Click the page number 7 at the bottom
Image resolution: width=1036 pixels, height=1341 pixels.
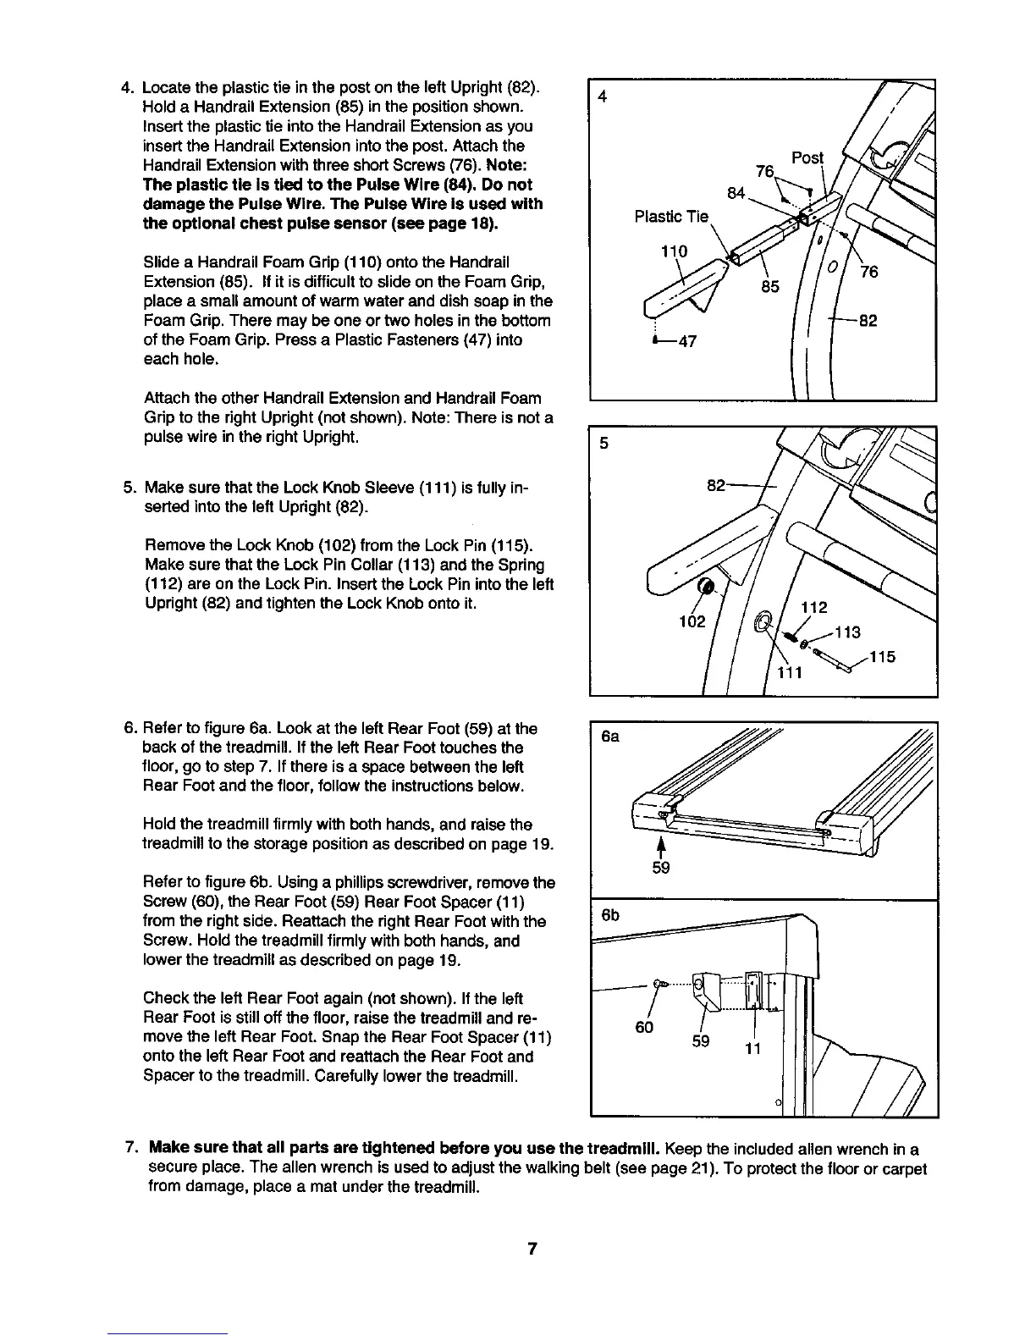pyautogui.click(x=532, y=1249)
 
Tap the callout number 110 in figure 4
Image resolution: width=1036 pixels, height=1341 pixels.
pyautogui.click(x=674, y=251)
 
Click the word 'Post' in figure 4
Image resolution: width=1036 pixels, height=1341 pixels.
pyautogui.click(x=806, y=158)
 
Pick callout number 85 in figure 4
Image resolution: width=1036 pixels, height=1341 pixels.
pyautogui.click(x=769, y=286)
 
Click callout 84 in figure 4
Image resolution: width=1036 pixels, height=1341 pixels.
pyautogui.click(x=736, y=194)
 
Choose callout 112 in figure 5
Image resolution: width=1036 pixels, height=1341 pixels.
pyautogui.click(x=813, y=607)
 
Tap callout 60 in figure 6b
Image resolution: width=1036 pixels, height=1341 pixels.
pyautogui.click(x=644, y=1027)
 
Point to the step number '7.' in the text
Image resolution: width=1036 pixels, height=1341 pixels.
pyautogui.click(x=131, y=1149)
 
